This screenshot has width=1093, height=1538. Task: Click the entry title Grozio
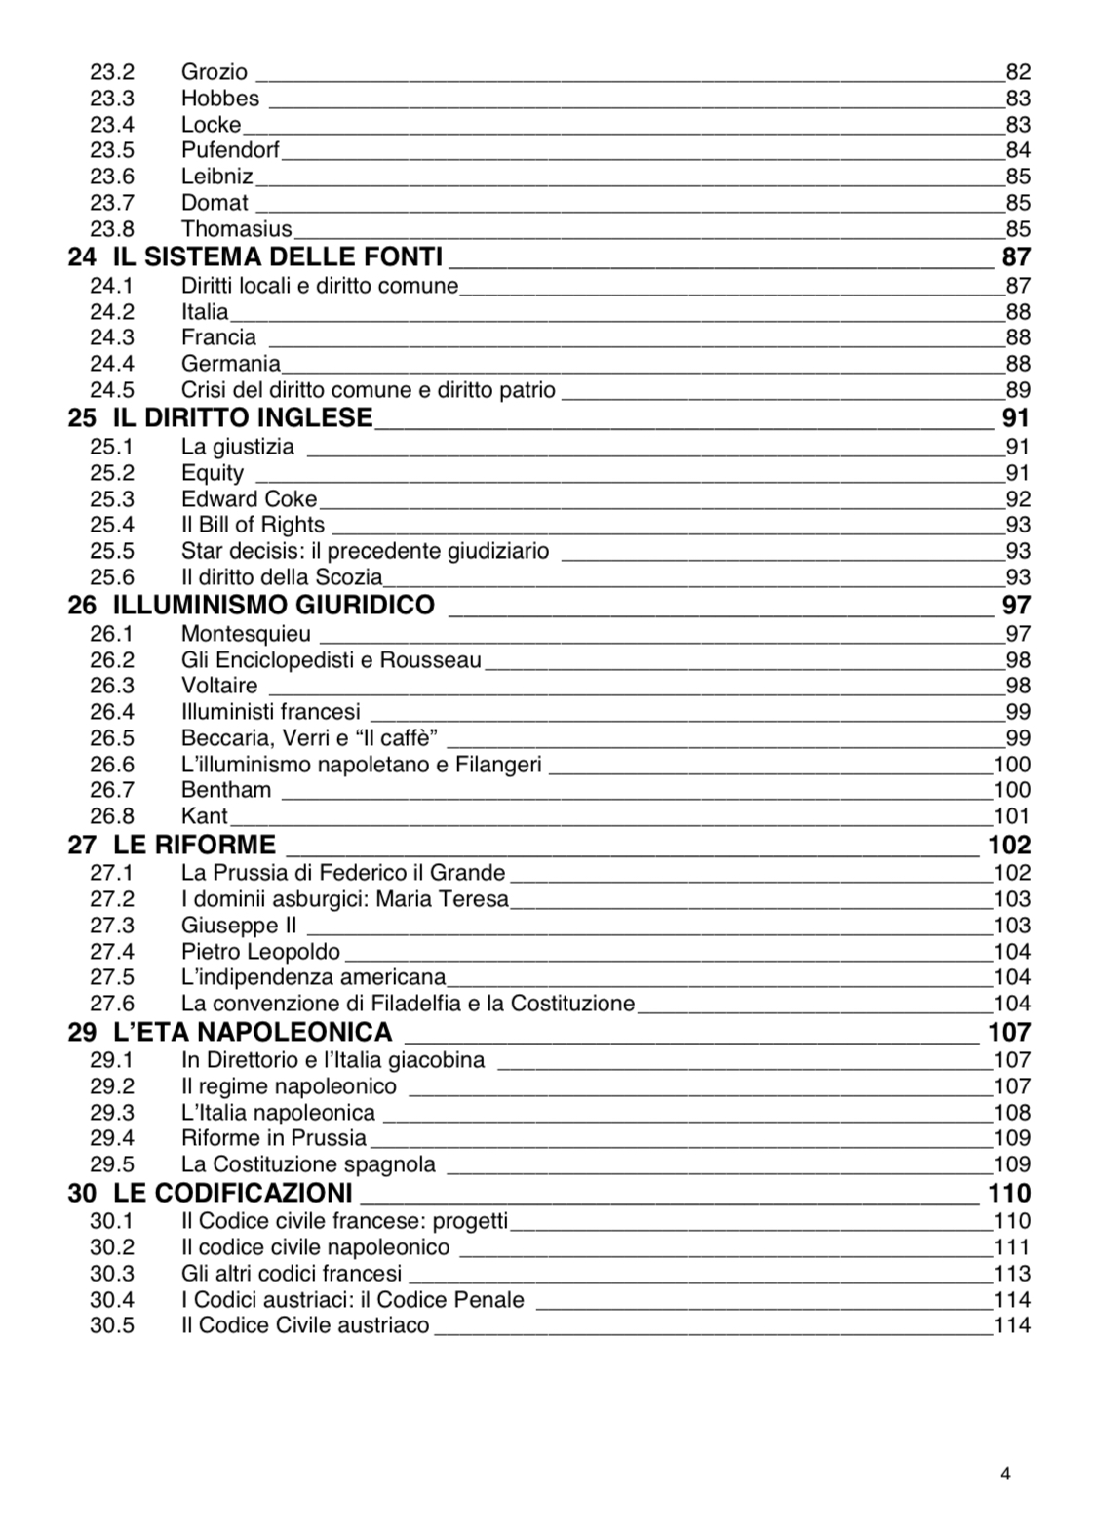[215, 72]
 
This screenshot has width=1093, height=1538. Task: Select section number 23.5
[112, 150]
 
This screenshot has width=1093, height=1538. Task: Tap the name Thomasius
[237, 229]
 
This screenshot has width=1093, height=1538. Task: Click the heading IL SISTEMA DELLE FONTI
[278, 257]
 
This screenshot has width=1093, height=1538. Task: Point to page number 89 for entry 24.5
[1018, 390]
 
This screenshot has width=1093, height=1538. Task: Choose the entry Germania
[231, 364]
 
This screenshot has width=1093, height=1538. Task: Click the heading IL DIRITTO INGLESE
[243, 418]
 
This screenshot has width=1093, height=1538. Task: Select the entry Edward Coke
[250, 499]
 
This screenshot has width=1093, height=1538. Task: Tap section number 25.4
[112, 525]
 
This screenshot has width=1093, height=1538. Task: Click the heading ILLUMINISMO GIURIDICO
[274, 606]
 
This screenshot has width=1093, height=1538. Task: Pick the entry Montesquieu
[246, 634]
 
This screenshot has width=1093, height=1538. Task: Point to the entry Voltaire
[219, 686]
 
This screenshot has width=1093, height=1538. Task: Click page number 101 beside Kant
[1012, 816]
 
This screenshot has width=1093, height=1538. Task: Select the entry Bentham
[226, 790]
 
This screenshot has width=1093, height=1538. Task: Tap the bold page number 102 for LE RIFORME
[1009, 845]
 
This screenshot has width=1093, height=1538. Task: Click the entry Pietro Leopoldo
[261, 952]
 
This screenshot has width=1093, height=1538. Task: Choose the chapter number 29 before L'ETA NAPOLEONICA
[82, 1033]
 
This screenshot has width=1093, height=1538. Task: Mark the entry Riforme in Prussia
[274, 1138]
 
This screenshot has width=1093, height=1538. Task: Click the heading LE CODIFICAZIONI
[233, 1194]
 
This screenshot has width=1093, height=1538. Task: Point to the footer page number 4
[1005, 1474]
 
